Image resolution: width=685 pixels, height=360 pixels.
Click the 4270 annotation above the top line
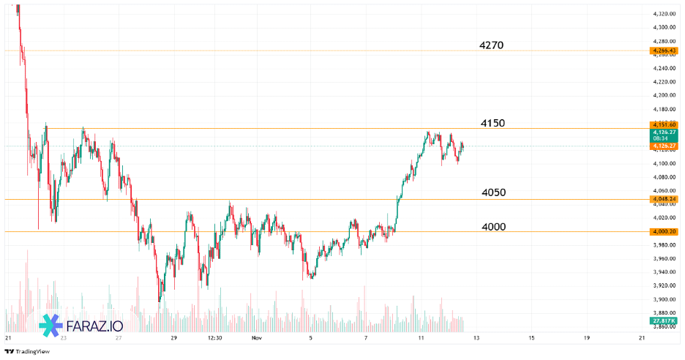[491, 45]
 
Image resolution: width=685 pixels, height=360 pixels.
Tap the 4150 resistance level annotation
[493, 123]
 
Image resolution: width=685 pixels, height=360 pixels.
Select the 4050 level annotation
[493, 192]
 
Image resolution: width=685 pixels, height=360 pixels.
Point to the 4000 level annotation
[493, 227]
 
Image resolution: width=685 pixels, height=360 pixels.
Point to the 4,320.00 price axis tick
[664, 14]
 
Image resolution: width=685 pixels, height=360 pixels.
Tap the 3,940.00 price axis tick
[664, 272]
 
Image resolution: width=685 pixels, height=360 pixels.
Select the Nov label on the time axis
[256, 338]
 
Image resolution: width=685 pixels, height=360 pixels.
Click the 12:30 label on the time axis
[214, 338]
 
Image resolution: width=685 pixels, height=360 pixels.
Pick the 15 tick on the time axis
[531, 338]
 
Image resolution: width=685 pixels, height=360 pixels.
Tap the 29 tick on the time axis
[174, 338]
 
